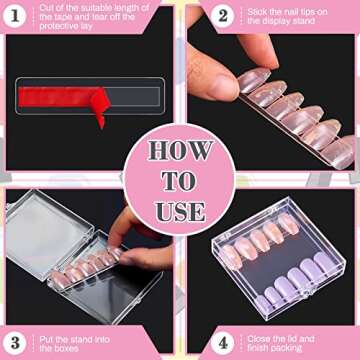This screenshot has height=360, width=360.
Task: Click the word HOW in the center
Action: click(179, 153)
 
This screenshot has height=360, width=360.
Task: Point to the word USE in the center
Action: click(179, 211)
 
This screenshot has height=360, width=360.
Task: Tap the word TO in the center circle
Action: click(179, 182)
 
